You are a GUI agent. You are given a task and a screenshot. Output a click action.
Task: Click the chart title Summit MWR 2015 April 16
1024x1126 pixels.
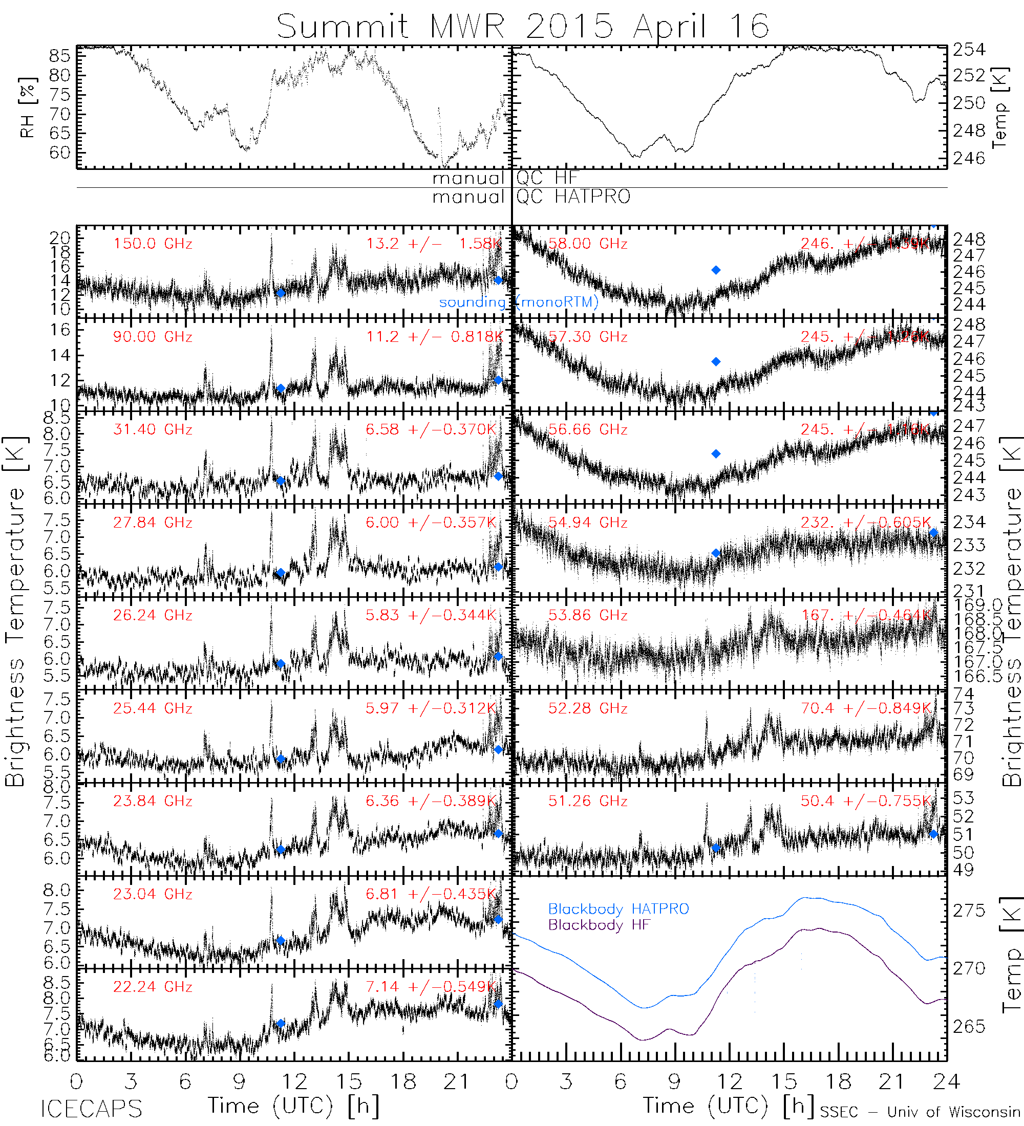coord(522,26)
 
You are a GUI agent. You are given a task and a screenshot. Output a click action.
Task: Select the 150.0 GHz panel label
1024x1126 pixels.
coord(153,244)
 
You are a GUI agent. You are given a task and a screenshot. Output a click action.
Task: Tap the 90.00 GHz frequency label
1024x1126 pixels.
coord(153,337)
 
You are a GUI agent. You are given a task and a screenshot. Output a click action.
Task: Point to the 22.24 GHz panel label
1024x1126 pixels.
coord(153,987)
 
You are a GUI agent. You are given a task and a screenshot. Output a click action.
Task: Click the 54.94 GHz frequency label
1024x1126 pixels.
coord(588,523)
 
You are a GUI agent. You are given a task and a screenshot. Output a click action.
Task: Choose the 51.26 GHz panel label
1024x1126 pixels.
coord(588,801)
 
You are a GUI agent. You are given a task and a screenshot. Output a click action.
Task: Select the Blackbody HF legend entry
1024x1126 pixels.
coord(599,925)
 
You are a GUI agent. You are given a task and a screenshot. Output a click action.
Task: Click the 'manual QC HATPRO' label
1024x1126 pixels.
coord(531,197)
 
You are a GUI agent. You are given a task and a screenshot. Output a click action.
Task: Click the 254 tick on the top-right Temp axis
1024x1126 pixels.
coord(969,50)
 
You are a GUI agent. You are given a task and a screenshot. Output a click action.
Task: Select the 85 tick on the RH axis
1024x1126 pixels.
coord(59,56)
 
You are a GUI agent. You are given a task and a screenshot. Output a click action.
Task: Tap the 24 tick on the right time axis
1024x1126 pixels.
coord(946,1082)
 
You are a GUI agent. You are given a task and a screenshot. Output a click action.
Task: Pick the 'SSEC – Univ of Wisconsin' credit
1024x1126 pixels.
coord(920,1112)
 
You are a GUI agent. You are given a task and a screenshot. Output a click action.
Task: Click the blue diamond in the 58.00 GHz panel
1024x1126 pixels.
coord(716,270)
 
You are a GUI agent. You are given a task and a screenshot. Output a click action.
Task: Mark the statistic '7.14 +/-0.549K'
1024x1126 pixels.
coord(431,987)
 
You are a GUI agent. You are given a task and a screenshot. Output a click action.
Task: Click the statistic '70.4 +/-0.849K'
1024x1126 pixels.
coord(866,708)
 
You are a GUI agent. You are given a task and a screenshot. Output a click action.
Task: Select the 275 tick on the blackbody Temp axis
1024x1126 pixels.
coord(969,911)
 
